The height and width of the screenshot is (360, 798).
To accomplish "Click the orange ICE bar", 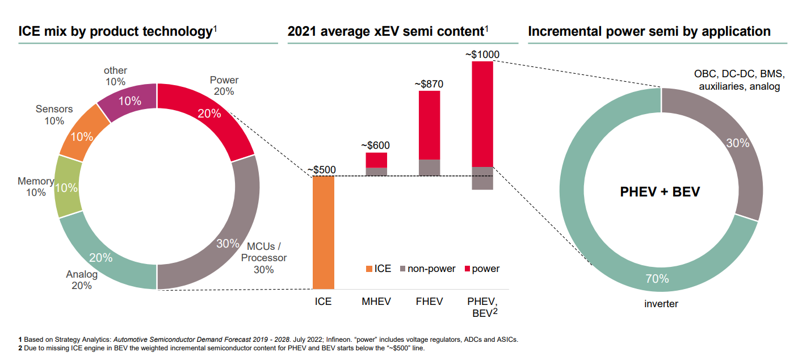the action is pyautogui.click(x=324, y=232).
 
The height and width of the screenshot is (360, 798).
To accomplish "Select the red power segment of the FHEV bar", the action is pyautogui.click(x=429, y=125).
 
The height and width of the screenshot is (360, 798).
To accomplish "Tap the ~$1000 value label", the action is pyautogui.click(x=482, y=55).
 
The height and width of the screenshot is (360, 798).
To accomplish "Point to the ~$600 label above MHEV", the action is pyautogui.click(x=376, y=145).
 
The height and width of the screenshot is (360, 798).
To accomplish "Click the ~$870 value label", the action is pyautogui.click(x=429, y=84).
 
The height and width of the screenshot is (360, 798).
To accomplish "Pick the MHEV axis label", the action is pyautogui.click(x=376, y=302).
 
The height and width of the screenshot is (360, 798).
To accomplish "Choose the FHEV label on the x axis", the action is pyautogui.click(x=429, y=302).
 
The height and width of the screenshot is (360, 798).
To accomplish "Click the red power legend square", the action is pyautogui.click(x=468, y=269).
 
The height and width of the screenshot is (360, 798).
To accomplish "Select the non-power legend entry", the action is pyautogui.click(x=427, y=269).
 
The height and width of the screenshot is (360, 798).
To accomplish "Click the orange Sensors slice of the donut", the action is pyautogui.click(x=84, y=133).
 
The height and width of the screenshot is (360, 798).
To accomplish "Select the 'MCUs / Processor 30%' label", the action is pyautogui.click(x=263, y=258).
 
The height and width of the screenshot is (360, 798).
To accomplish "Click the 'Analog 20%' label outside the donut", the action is pyautogui.click(x=82, y=280).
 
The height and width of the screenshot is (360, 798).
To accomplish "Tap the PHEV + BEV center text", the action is pyautogui.click(x=660, y=192).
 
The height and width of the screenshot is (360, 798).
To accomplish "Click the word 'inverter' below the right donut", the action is pyautogui.click(x=661, y=304).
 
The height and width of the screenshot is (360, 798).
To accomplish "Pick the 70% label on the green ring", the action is pyautogui.click(x=657, y=279).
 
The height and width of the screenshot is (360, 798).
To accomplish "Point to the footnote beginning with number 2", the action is pyautogui.click(x=221, y=348).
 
